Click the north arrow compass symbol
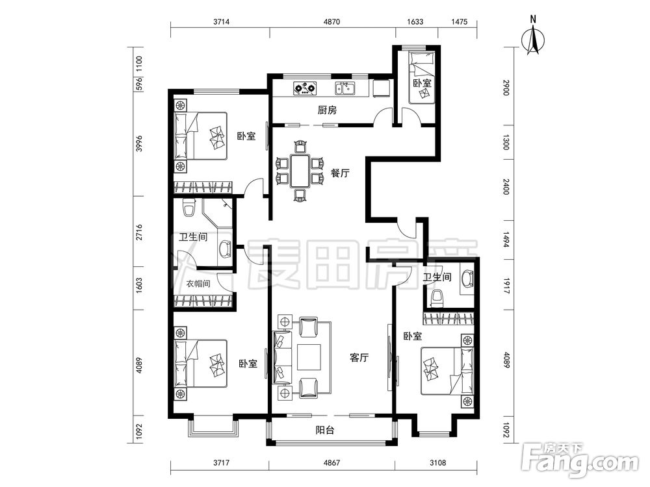click(533, 40)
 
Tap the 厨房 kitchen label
click(327, 110)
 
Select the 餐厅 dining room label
click(340, 173)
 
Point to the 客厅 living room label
click(359, 357)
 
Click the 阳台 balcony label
click(324, 431)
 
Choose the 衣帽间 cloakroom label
click(198, 284)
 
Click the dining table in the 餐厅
click(300, 171)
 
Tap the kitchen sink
click(345, 88)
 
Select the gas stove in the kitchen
click(305, 88)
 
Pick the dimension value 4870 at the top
click(331, 21)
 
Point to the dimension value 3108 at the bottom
click(437, 462)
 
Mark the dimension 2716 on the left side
click(139, 232)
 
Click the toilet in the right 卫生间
click(437, 299)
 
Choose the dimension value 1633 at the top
click(415, 21)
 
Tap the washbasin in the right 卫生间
click(467, 279)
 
